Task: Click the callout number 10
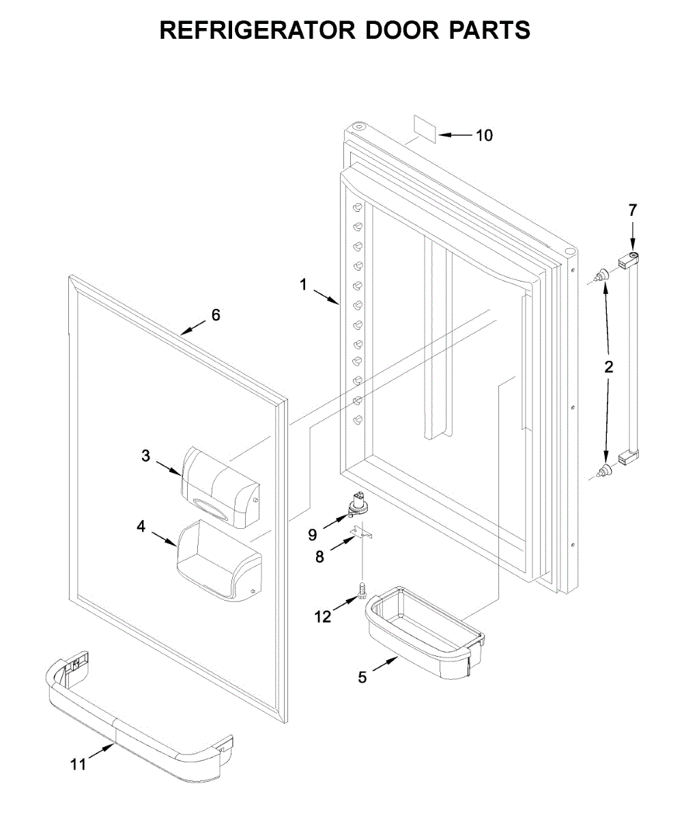point(483,135)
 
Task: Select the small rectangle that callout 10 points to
point(425,128)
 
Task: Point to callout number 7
point(632,210)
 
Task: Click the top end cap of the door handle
point(629,259)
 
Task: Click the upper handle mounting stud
point(601,276)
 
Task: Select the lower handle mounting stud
point(603,469)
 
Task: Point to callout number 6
point(216,315)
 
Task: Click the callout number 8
point(319,557)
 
